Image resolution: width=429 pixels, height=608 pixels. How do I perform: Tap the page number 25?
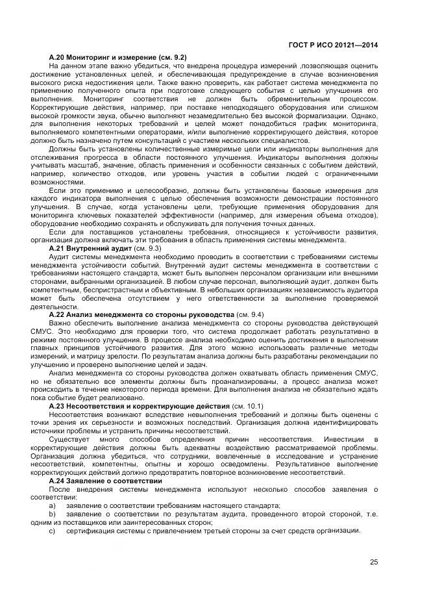click(x=374, y=563)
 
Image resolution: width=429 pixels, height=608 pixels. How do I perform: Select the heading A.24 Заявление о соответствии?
click(x=99, y=481)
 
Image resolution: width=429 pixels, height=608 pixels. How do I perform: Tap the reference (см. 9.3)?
click(x=147, y=248)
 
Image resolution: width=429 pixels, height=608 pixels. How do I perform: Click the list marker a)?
click(x=53, y=505)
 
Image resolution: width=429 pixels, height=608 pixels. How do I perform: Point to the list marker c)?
click(x=53, y=531)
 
